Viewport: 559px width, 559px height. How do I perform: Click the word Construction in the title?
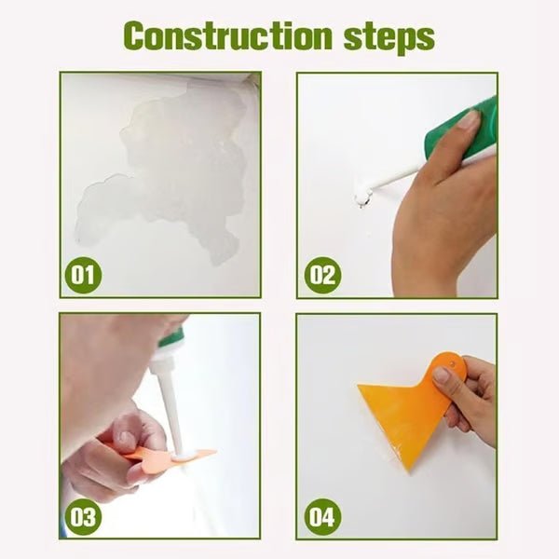click(227, 36)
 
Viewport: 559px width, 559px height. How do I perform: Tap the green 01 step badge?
click(84, 275)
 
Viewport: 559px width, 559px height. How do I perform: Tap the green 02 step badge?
click(321, 275)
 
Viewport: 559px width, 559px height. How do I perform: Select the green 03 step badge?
click(84, 516)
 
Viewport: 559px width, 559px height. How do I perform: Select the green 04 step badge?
click(321, 516)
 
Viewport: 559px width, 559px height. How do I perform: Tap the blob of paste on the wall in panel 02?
click(361, 198)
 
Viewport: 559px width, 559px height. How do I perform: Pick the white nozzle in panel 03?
click(170, 410)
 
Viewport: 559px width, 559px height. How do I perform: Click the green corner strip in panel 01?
click(253, 78)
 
